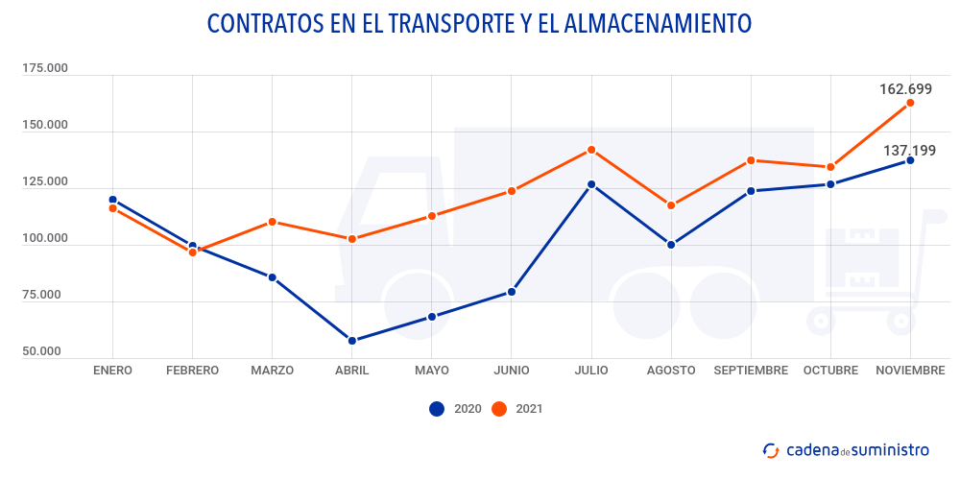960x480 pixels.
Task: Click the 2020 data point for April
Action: (352, 341)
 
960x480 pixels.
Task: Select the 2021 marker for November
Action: (910, 103)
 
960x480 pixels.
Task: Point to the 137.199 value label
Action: (909, 150)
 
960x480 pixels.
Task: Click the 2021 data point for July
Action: (591, 150)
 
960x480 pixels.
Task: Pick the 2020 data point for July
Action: (591, 184)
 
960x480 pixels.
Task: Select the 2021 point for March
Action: (273, 222)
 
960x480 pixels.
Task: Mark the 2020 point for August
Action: (671, 245)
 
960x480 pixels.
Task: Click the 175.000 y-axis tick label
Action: (45, 69)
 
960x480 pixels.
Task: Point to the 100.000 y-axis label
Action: (45, 238)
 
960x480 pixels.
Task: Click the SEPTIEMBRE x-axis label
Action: (751, 371)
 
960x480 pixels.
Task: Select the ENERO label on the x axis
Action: (113, 371)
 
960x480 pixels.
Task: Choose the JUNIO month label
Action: (512, 371)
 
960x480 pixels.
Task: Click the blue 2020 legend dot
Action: (437, 409)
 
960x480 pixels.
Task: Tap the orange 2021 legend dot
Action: (498, 409)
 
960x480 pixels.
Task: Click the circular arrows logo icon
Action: (770, 449)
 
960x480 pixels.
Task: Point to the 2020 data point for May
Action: (432, 317)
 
